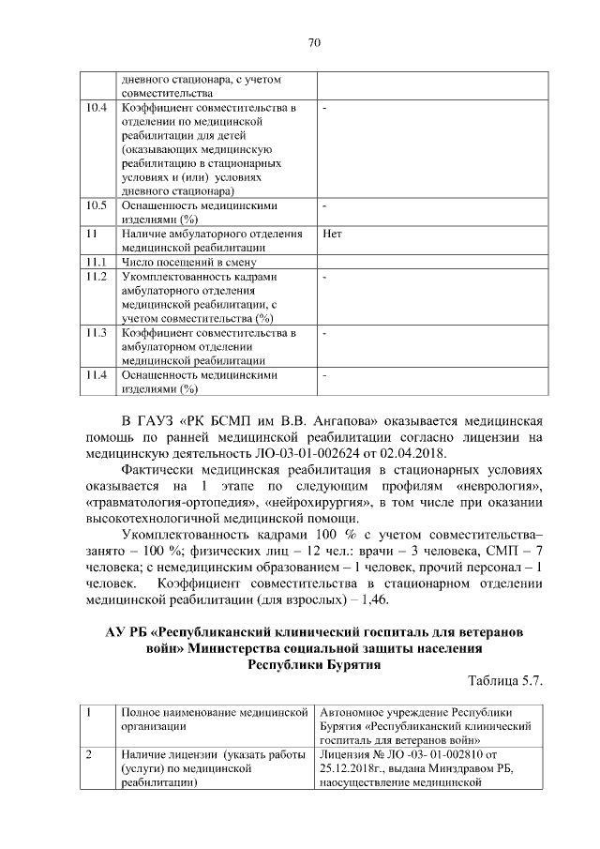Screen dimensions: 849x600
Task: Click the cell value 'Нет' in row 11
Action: pos(331,232)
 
